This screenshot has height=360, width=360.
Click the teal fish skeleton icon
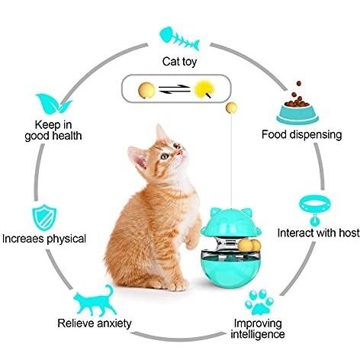[179, 40]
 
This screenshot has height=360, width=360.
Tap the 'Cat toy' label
[179, 62]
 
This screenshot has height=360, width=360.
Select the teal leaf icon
[53, 104]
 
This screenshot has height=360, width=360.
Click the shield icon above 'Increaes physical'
[44, 217]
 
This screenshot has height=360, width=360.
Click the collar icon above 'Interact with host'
[315, 210]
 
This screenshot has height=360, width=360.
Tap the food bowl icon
[297, 104]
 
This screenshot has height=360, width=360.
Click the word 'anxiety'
[114, 323]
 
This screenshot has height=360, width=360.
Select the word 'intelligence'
[258, 334]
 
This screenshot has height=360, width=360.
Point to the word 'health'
[66, 136]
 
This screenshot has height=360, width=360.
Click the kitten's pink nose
[180, 152]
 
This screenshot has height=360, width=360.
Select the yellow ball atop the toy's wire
[231, 108]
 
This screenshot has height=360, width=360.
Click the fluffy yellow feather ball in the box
[204, 90]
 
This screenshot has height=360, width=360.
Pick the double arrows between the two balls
[175, 89]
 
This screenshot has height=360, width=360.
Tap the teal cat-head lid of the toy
[230, 223]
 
